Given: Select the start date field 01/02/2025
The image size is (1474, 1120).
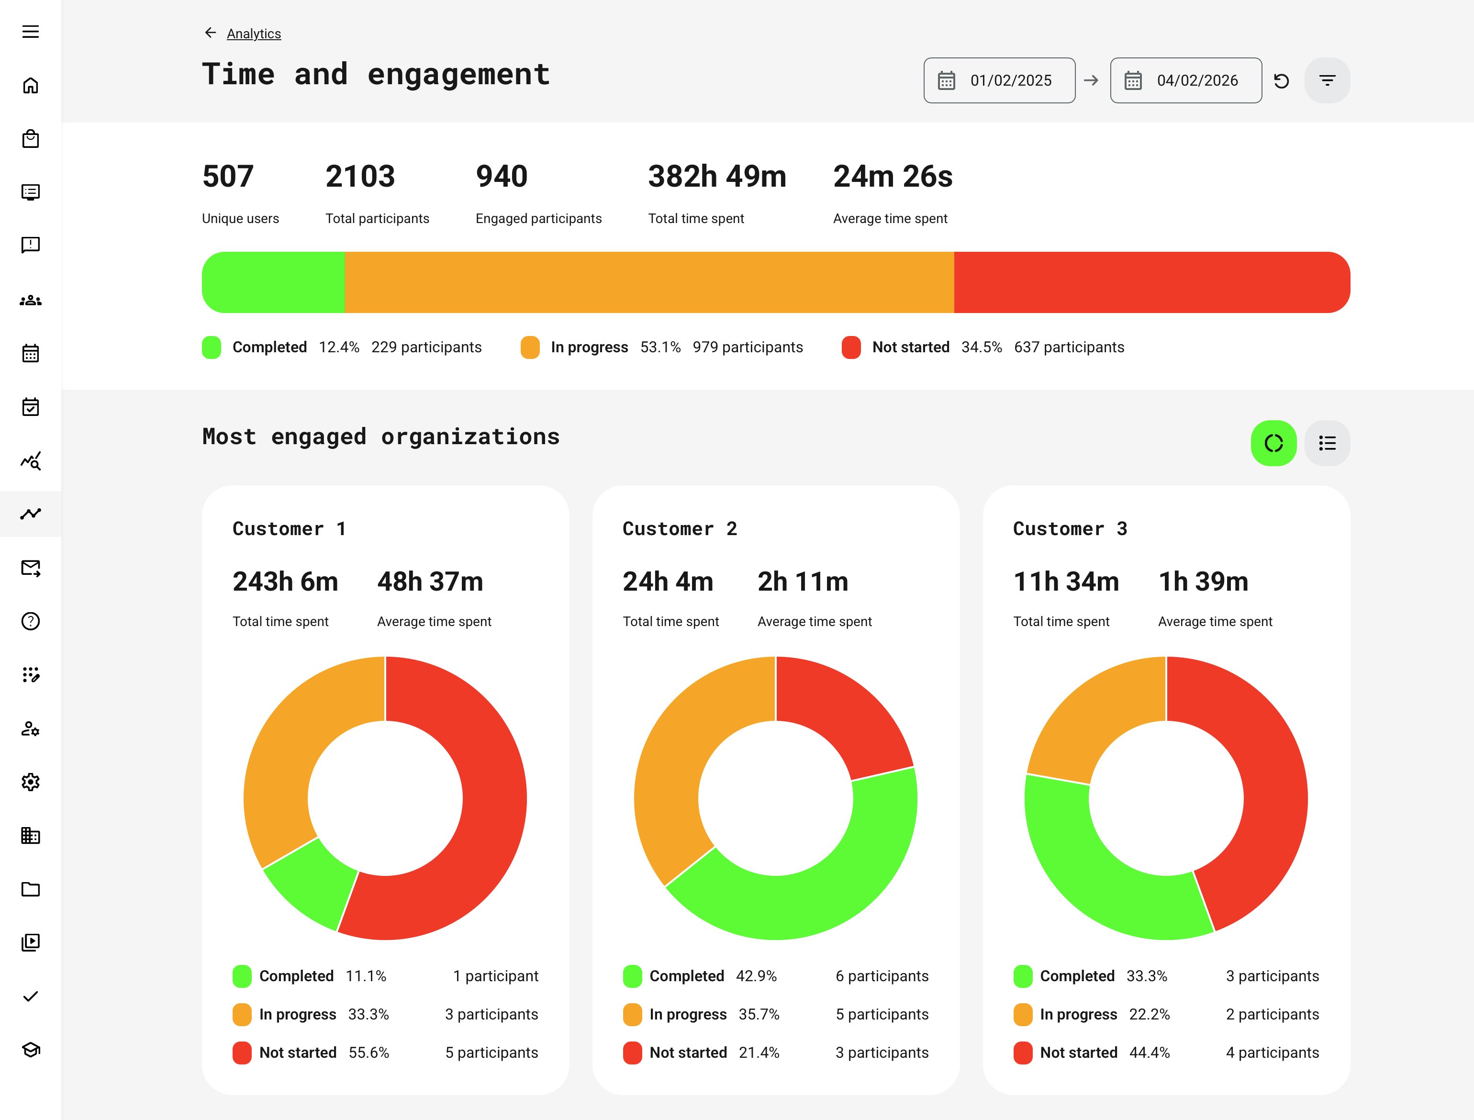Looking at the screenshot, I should pyautogui.click(x=999, y=81).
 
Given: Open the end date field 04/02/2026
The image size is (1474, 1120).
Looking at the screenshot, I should pyautogui.click(x=1185, y=81).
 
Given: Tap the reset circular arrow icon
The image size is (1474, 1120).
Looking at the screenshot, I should pyautogui.click(x=1281, y=81).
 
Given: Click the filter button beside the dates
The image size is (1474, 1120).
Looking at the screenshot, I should pyautogui.click(x=1327, y=81).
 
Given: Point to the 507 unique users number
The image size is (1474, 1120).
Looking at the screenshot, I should pyautogui.click(x=228, y=177).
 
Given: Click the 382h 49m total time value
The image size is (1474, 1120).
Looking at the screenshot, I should pyautogui.click(x=717, y=177).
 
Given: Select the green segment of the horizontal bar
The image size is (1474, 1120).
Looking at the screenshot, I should pyautogui.click(x=273, y=282).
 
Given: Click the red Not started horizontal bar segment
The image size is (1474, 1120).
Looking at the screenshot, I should pyautogui.click(x=1151, y=282).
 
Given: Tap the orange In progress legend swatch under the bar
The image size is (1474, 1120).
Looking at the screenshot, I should pyautogui.click(x=530, y=347).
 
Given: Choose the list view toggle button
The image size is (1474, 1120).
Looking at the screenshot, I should pyautogui.click(x=1327, y=443).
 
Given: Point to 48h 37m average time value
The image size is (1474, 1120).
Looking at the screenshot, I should pyautogui.click(x=430, y=582).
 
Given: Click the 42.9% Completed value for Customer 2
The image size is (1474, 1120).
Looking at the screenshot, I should pyautogui.click(x=756, y=976).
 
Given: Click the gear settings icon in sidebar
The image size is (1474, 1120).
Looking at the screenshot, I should pyautogui.click(x=31, y=782).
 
